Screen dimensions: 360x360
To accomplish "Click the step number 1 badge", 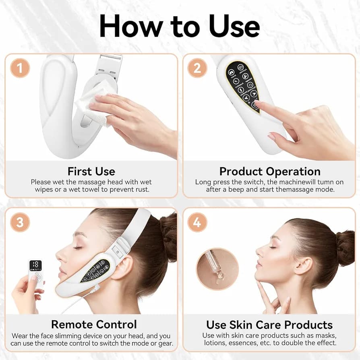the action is click(20, 68).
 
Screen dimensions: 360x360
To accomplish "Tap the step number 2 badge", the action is click(197, 68).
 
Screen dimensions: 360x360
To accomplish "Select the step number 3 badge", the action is click(20, 222).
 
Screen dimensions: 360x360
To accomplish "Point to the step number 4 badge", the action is click(197, 222).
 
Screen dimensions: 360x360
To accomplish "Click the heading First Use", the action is click(91, 172).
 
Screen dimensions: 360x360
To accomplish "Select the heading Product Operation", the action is click(270, 172).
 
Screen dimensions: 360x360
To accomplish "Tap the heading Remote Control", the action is click(94, 325).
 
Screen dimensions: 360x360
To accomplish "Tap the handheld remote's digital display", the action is click(35, 265).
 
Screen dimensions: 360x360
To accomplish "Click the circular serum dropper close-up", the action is click(217, 269).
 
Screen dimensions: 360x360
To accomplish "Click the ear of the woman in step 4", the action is click(304, 266).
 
